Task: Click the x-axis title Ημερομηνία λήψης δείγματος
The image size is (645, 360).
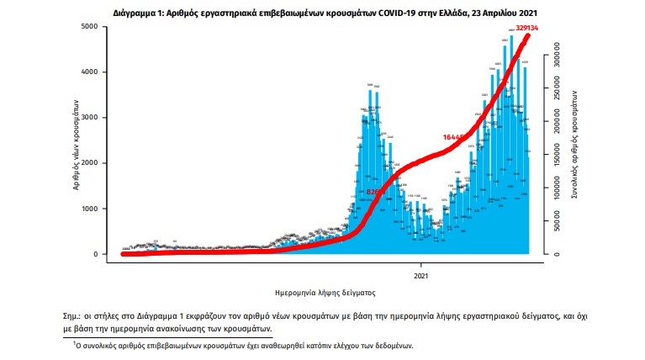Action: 325,294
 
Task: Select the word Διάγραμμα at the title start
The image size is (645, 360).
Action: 135,14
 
